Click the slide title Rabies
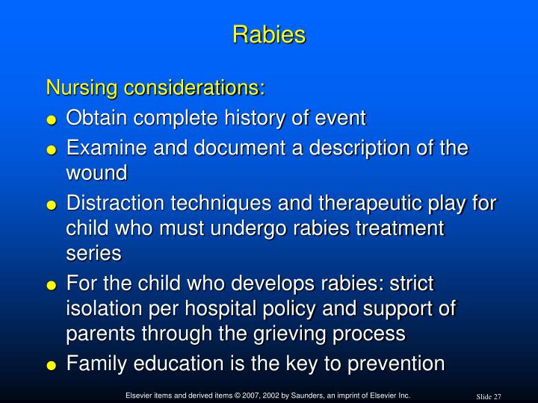point(269,34)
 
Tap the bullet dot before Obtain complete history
point(52,119)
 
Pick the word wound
point(97,173)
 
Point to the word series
point(93,254)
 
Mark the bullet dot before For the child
point(52,285)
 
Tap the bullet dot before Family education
point(52,366)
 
